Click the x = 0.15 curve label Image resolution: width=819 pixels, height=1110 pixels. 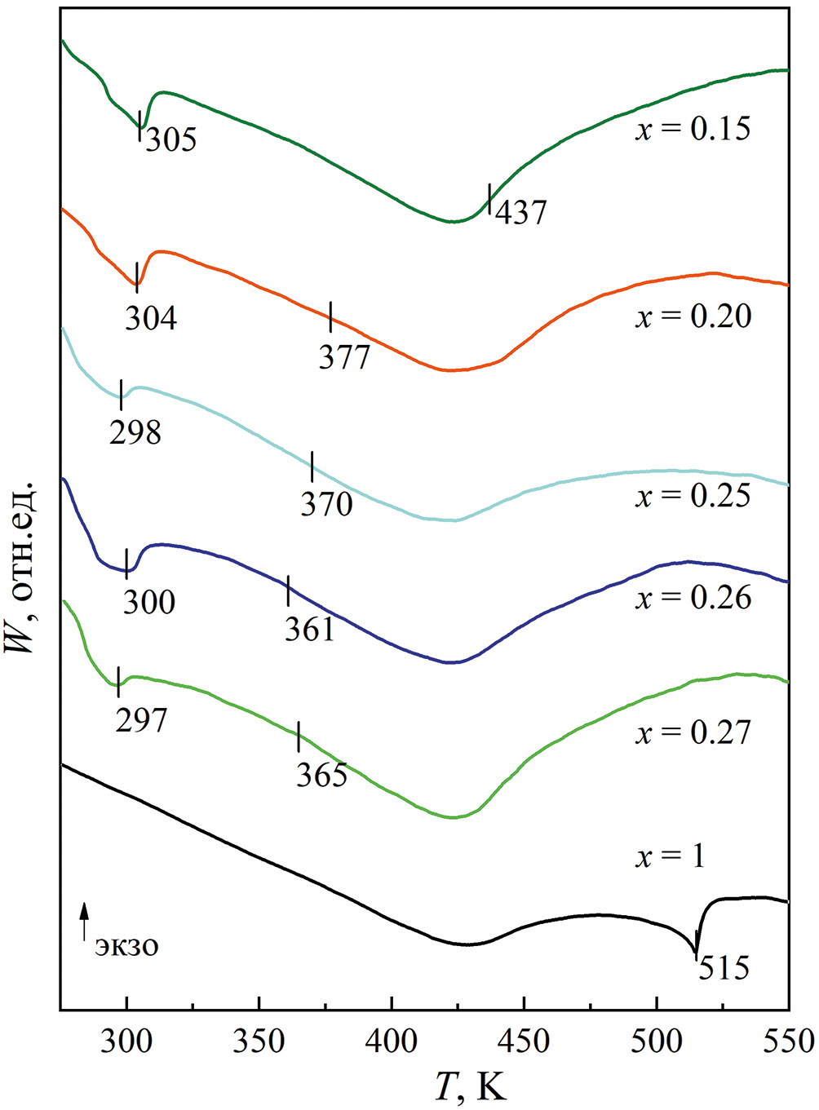[x=693, y=129]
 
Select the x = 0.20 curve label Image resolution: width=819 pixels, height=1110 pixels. [x=693, y=316]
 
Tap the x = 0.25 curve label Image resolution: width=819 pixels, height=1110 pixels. [x=693, y=496]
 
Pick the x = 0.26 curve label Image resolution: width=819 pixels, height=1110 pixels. [x=693, y=598]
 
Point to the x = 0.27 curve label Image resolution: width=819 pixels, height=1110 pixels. [x=693, y=732]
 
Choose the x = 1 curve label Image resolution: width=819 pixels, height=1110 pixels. [x=670, y=856]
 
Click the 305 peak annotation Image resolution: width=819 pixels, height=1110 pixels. [x=171, y=139]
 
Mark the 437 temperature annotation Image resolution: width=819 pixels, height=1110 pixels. [x=521, y=212]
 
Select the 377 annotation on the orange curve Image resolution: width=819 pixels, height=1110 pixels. [x=344, y=357]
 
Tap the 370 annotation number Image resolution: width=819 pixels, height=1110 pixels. [x=326, y=504]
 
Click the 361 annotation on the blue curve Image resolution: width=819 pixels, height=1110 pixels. [x=309, y=629]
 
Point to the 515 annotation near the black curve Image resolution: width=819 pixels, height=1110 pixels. [x=724, y=968]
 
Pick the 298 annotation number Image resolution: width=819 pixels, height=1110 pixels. [x=135, y=431]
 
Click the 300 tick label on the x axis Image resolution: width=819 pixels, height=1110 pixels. [x=126, y=1041]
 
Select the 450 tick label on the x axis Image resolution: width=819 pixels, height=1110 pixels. [x=524, y=1041]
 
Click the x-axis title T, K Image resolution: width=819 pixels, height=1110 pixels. [x=471, y=1086]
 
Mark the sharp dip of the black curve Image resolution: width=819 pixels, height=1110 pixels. [x=695, y=950]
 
